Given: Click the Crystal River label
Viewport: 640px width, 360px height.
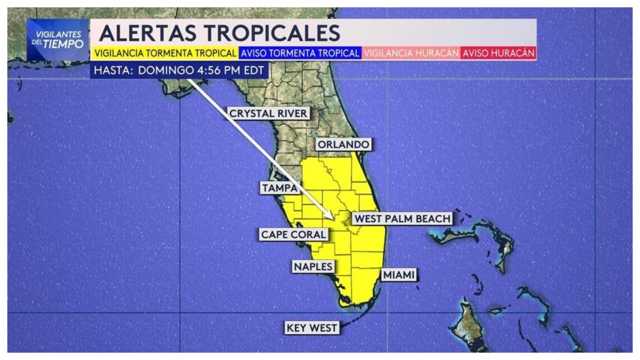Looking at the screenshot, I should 268,113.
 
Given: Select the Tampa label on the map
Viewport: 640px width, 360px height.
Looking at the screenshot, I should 279,188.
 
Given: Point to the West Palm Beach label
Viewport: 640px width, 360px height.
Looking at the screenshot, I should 402,218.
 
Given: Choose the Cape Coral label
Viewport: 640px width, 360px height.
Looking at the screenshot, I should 293,234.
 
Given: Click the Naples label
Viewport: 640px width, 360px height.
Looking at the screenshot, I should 313,266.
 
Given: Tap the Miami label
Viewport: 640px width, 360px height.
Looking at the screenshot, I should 399,274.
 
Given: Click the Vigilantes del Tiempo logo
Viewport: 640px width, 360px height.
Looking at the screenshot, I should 58,40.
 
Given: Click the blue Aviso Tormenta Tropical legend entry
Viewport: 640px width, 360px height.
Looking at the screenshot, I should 300,53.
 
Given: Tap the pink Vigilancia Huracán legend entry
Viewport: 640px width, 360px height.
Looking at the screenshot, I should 411,53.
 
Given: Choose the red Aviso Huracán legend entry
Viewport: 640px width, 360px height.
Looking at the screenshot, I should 498,53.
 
